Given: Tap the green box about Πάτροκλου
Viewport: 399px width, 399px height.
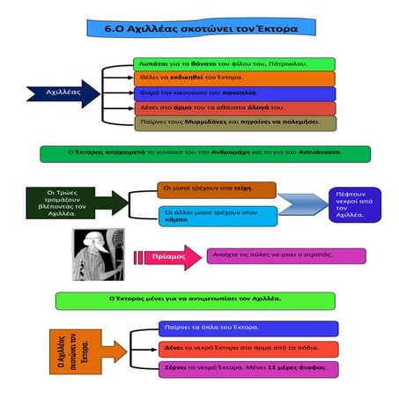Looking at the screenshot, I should point(233,64).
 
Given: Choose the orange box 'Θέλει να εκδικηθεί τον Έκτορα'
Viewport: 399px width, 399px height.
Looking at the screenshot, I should point(233,78).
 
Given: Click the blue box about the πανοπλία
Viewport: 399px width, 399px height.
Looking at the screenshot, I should point(233,92).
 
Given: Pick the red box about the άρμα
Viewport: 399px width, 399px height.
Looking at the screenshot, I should point(233,107).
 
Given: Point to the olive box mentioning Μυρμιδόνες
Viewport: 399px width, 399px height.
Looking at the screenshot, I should point(233,122).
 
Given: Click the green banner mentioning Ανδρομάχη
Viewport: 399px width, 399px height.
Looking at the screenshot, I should point(203,153).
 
